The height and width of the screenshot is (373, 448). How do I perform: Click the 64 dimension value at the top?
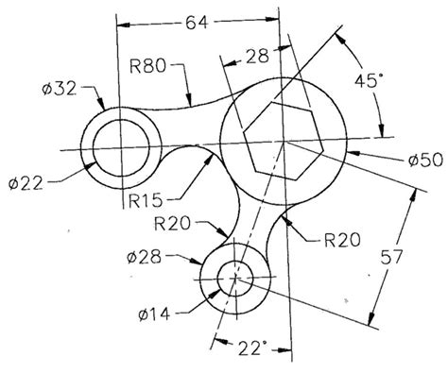198,20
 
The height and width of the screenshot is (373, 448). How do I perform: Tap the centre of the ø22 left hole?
120,148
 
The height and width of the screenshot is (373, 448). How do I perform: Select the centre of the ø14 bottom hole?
235,278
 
